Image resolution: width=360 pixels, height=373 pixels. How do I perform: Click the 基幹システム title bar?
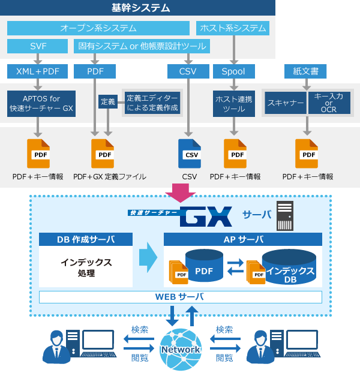[137, 8]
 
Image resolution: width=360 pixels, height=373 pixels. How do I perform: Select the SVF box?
[37, 46]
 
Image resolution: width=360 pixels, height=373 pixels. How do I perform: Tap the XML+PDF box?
[37, 71]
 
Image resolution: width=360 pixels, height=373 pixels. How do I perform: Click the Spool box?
[233, 71]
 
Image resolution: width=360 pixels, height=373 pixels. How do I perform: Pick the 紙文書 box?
[305, 71]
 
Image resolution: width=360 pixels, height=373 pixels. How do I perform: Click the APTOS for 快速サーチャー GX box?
[41, 104]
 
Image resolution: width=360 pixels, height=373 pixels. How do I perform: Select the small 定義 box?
[108, 102]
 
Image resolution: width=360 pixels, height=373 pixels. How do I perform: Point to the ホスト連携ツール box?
[233, 104]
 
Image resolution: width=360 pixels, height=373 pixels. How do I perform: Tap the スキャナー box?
[286, 103]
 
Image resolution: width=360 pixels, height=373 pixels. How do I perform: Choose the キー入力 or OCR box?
[329, 103]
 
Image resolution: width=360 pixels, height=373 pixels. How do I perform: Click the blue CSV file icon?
[190, 154]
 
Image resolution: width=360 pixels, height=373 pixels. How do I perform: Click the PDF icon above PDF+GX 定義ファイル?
[103, 154]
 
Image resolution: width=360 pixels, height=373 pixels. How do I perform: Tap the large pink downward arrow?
[181, 193]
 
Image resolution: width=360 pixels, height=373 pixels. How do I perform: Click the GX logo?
[206, 216]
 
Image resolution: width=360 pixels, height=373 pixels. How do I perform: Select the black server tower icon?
[285, 216]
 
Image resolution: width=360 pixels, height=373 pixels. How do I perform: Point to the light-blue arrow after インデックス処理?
[148, 257]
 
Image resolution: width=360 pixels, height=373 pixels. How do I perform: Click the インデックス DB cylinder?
[289, 267]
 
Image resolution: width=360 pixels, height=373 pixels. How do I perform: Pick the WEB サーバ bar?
[181, 297]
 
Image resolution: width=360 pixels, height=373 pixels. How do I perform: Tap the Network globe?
[181, 349]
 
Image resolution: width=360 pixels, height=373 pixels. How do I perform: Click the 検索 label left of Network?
[140, 330]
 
